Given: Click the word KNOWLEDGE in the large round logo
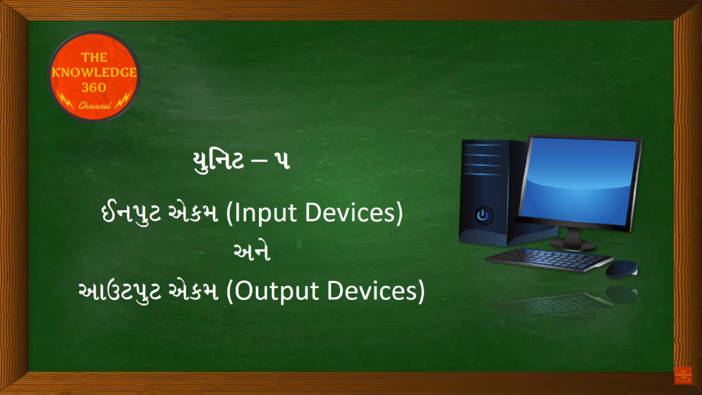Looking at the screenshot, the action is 94,72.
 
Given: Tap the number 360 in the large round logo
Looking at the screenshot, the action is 94,87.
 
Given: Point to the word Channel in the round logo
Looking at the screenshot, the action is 95,105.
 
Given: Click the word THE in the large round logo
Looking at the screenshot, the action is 94,57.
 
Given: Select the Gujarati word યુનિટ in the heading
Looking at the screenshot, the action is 218,161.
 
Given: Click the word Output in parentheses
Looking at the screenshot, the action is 276,291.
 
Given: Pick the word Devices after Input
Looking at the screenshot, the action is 350,213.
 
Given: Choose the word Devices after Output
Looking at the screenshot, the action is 372,291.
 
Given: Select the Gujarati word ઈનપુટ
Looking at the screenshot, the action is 131,213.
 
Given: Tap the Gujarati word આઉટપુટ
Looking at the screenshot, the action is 120,291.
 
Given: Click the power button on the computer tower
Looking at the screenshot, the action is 483,215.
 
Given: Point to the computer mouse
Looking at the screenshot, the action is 622,269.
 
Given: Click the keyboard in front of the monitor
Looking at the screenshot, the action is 549,259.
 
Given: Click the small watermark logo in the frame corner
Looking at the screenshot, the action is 683,376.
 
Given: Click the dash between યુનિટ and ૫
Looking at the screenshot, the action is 259,161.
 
